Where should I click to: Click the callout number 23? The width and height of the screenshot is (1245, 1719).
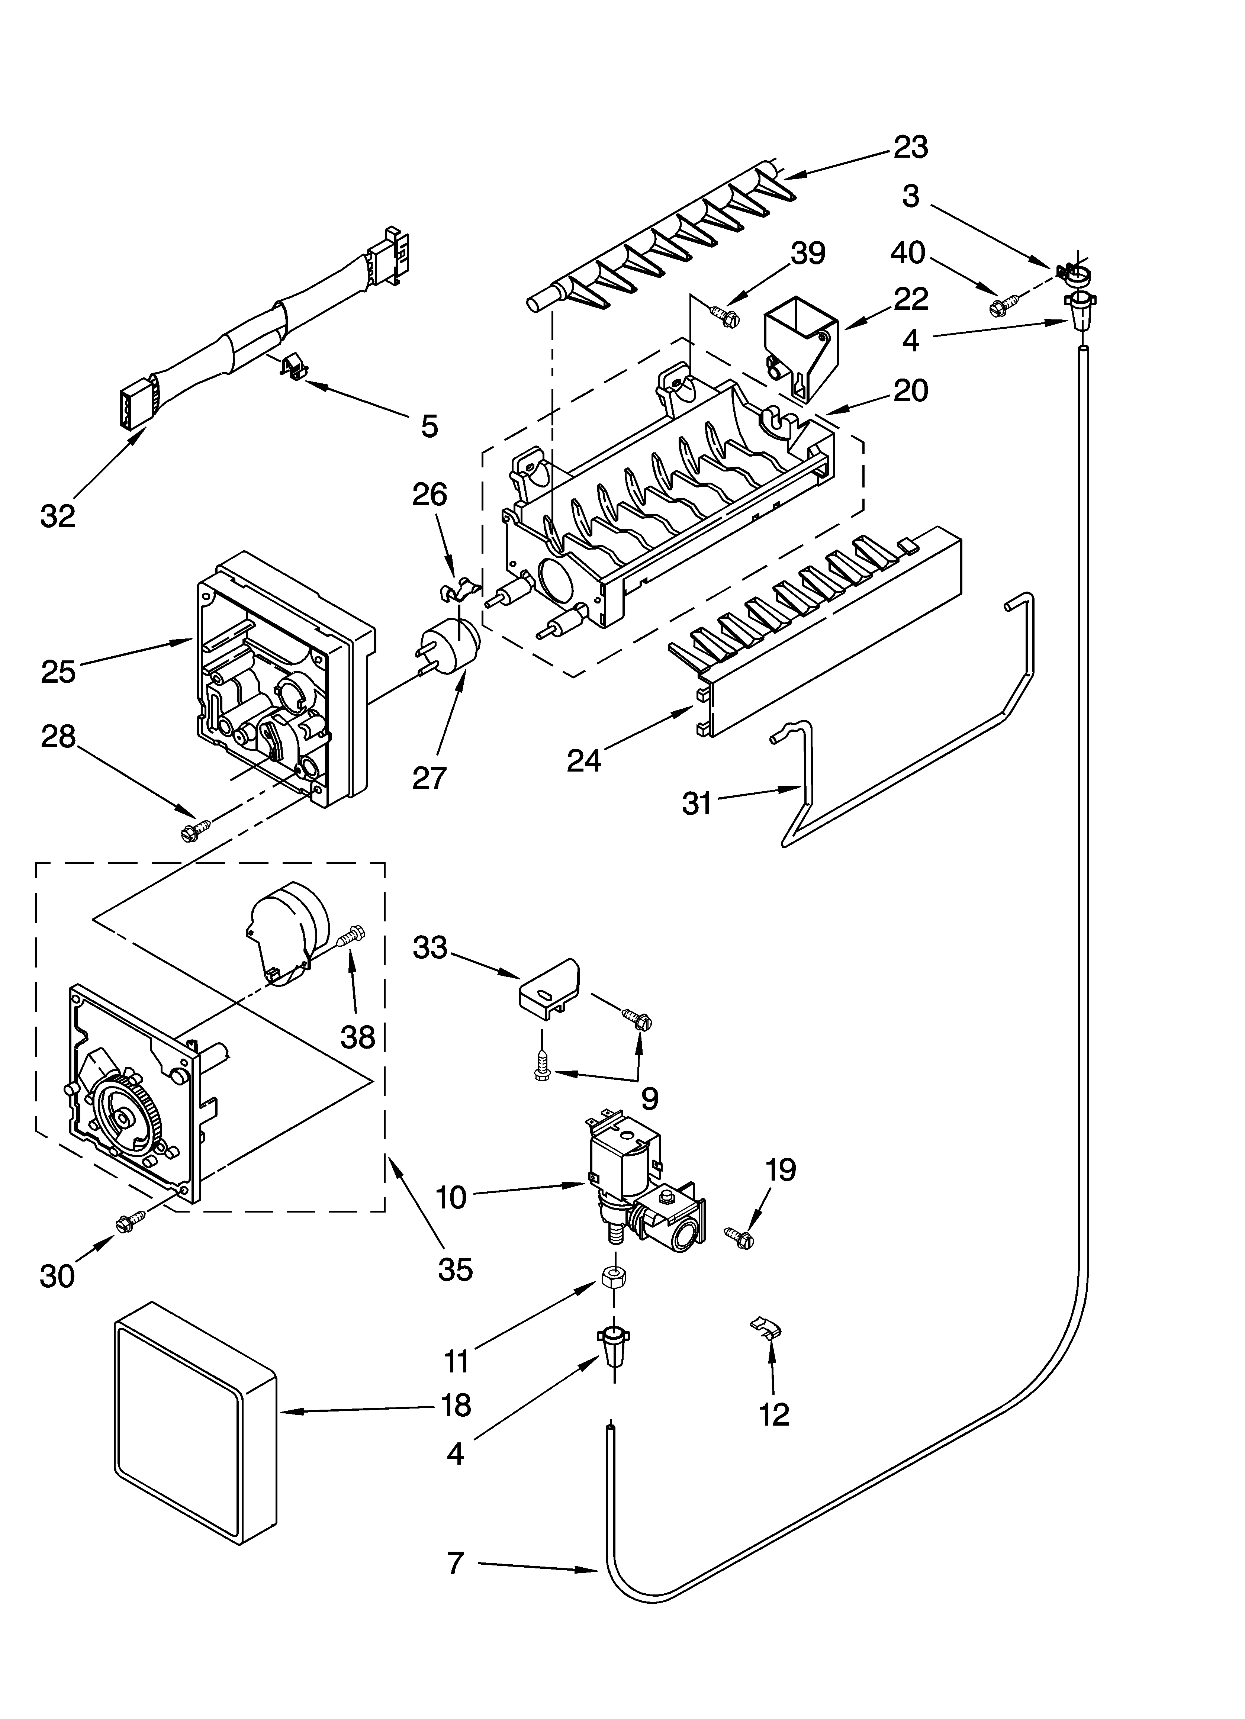[x=910, y=147]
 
